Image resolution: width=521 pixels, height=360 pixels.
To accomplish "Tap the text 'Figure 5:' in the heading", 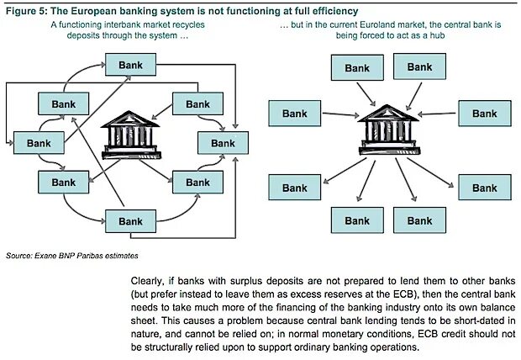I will tap(28, 10).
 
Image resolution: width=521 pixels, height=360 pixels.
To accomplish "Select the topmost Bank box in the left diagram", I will tap(130, 65).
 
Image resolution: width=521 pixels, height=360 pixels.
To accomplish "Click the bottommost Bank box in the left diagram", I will tap(130, 221).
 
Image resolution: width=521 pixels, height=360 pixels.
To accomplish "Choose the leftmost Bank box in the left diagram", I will tap(39, 143).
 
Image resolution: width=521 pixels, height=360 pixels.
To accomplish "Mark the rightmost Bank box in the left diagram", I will tap(223, 143).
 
